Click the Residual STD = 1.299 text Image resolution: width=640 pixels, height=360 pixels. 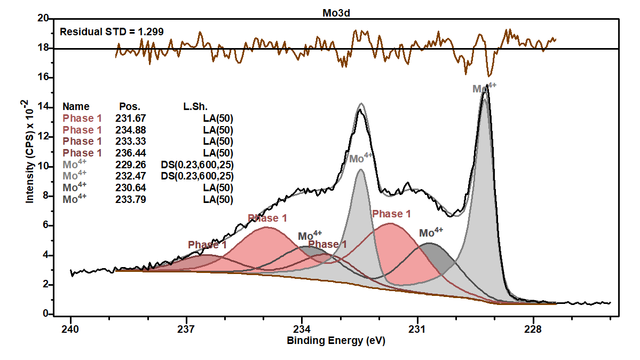[112, 32]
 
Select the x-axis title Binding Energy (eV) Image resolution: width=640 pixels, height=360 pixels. [336, 341]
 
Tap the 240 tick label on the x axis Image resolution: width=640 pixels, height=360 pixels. [70, 328]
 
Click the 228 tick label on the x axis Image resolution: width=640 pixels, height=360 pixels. [533, 328]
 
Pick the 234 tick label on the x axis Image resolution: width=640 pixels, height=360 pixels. [302, 328]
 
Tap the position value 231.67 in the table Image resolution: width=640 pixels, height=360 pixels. [130, 118]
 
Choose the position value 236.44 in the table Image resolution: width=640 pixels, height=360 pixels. [130, 153]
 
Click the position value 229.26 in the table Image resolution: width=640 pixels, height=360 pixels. [130, 165]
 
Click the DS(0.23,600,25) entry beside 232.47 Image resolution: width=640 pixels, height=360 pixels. [197, 176]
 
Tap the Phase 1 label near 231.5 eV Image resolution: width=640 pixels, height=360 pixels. [391, 214]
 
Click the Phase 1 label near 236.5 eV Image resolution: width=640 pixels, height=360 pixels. [207, 245]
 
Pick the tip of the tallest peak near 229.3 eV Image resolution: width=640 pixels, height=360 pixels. [486, 85]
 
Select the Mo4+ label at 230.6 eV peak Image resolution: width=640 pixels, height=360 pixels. [431, 233]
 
